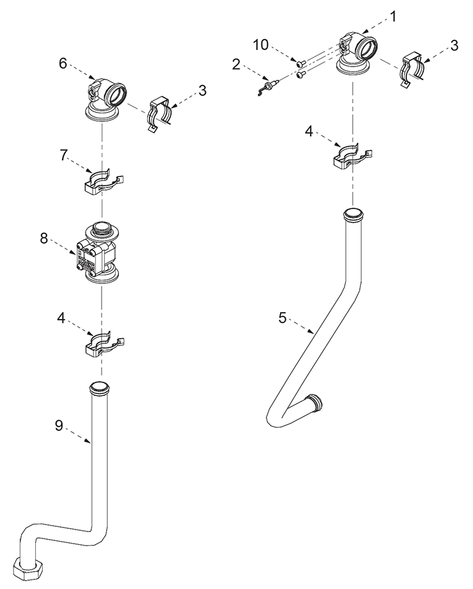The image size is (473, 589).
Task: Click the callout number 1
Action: [392, 17]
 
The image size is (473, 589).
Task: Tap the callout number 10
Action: [261, 45]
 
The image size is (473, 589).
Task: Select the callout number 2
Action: [236, 65]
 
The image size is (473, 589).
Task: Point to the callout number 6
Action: [63, 63]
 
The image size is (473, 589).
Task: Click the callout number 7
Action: [63, 155]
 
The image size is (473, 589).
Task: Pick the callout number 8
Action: [44, 238]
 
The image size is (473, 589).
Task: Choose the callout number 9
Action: [59, 425]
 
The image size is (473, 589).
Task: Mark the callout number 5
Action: [283, 318]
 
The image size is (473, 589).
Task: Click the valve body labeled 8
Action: [98, 253]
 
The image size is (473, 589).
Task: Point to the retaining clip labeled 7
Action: [104, 182]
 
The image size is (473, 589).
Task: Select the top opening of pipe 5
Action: [353, 216]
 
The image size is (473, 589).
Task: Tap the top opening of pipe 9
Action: [100, 388]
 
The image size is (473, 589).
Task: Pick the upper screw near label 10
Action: [300, 64]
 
